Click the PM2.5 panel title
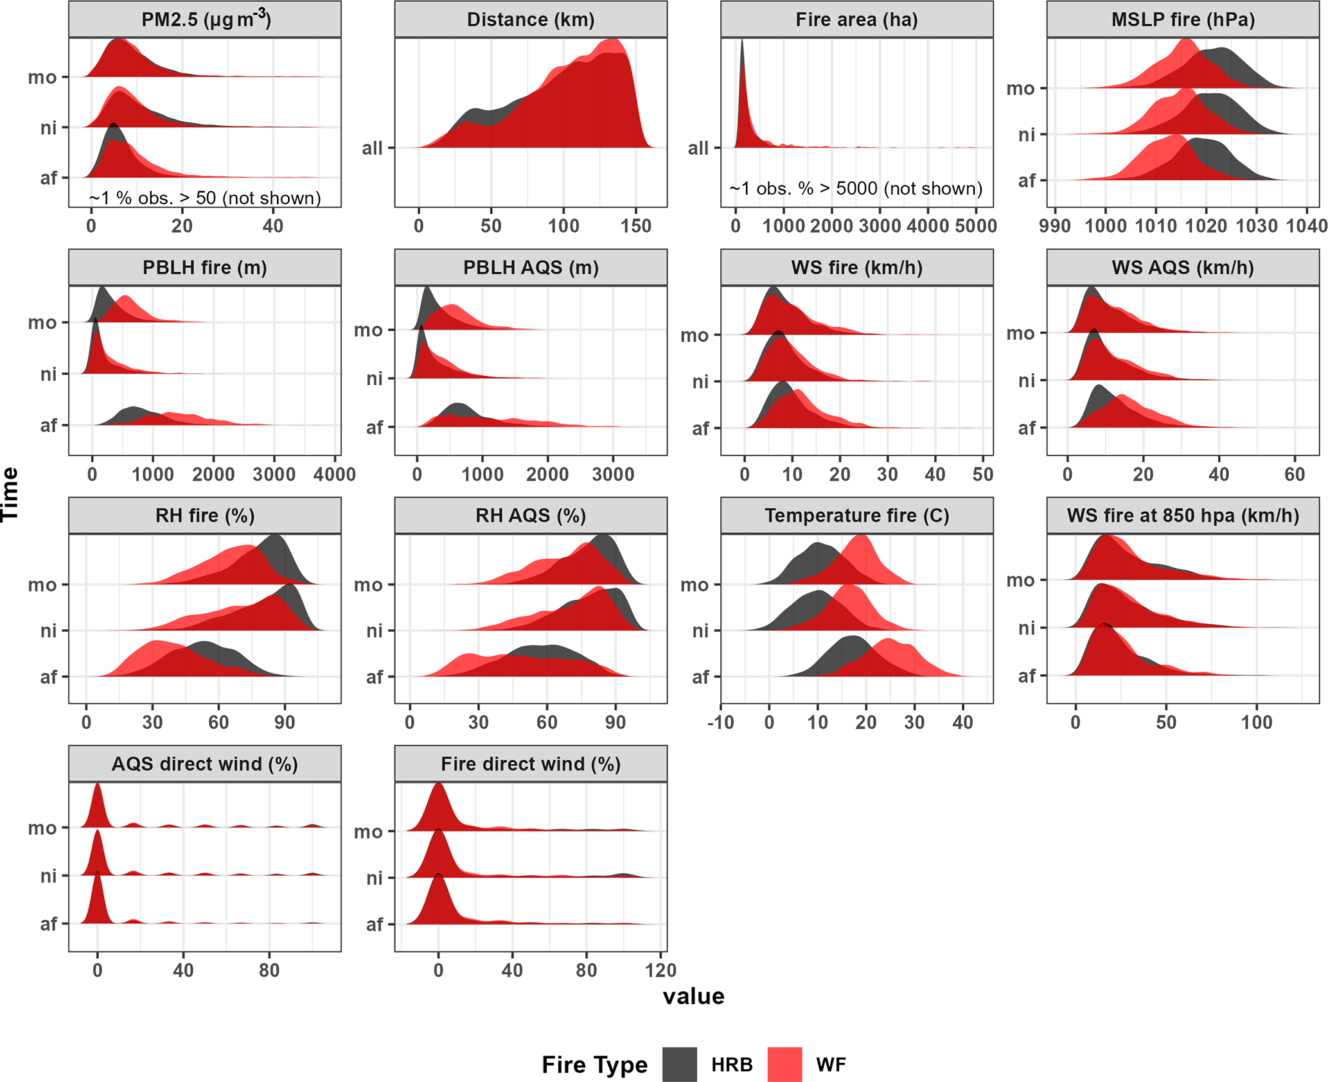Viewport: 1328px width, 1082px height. (205, 19)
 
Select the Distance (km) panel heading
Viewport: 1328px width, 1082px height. (531, 19)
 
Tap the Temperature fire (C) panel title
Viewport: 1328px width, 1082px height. (856, 516)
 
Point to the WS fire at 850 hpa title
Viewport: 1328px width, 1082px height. (1183, 516)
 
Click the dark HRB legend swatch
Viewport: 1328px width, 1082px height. (679, 1064)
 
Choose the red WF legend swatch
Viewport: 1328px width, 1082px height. (784, 1064)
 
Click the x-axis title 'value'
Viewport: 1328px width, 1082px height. (693, 996)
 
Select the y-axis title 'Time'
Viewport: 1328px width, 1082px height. (10, 494)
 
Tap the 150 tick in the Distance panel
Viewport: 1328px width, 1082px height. (635, 226)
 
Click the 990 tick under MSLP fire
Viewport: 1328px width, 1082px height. (1054, 226)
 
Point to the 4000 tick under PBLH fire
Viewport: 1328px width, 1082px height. (334, 475)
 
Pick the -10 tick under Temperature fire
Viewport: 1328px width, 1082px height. (721, 722)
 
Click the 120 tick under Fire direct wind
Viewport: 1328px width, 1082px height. (660, 970)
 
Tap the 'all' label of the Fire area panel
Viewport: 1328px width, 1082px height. (698, 148)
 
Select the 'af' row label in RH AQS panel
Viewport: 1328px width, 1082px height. (374, 677)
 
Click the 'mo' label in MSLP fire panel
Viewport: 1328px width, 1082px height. (1020, 89)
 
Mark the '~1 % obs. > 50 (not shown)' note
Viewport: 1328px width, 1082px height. (205, 198)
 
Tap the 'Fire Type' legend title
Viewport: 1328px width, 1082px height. (594, 1065)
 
